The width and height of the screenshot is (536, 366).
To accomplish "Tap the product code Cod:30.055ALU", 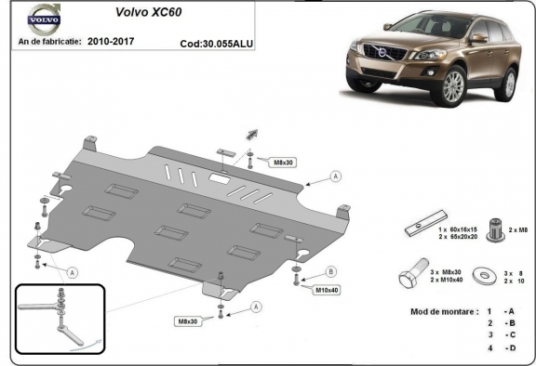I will (x=217, y=44).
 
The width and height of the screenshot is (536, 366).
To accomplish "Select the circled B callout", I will (x=331, y=271).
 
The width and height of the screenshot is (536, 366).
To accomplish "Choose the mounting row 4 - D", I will (x=497, y=347).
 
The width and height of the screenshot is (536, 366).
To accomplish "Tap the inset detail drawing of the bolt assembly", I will (x=59, y=316).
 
